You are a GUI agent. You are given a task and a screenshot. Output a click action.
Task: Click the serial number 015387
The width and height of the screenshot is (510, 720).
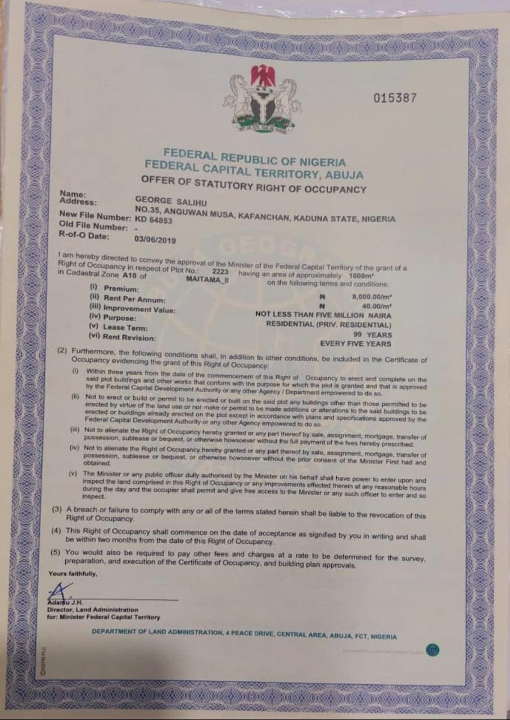tap(395, 98)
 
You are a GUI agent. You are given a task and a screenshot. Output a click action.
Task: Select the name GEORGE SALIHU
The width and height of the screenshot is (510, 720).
tap(165, 199)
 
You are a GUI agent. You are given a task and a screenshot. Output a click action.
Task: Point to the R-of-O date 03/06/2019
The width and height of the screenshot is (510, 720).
tap(155, 239)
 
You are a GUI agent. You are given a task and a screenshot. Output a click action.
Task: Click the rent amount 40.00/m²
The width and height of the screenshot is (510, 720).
tap(377, 305)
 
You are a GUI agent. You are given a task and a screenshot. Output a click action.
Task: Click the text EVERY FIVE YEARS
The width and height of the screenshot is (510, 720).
tap(355, 343)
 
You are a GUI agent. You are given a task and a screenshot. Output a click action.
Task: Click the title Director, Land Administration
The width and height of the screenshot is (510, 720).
tap(93, 609)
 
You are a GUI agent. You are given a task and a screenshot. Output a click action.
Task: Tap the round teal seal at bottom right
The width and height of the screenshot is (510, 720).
tap(432, 650)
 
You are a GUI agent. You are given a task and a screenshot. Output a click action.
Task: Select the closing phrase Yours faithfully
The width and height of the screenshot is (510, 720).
tap(73, 574)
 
